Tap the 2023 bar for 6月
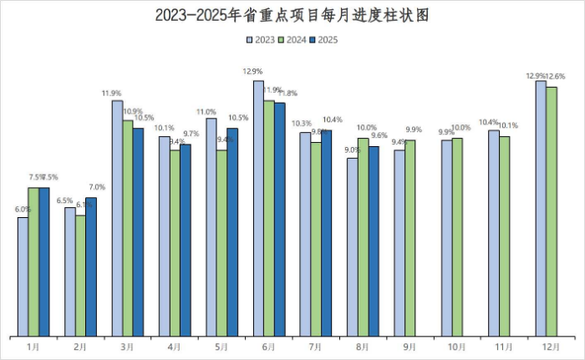258,209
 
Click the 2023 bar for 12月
541,209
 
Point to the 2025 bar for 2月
91,266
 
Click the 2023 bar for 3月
117,218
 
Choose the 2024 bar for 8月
363,237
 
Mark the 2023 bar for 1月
23,276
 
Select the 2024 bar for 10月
457,237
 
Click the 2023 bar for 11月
494,233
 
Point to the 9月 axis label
410,346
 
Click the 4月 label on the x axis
175,346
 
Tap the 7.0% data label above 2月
96,187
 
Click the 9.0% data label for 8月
352,150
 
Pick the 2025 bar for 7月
326,233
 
